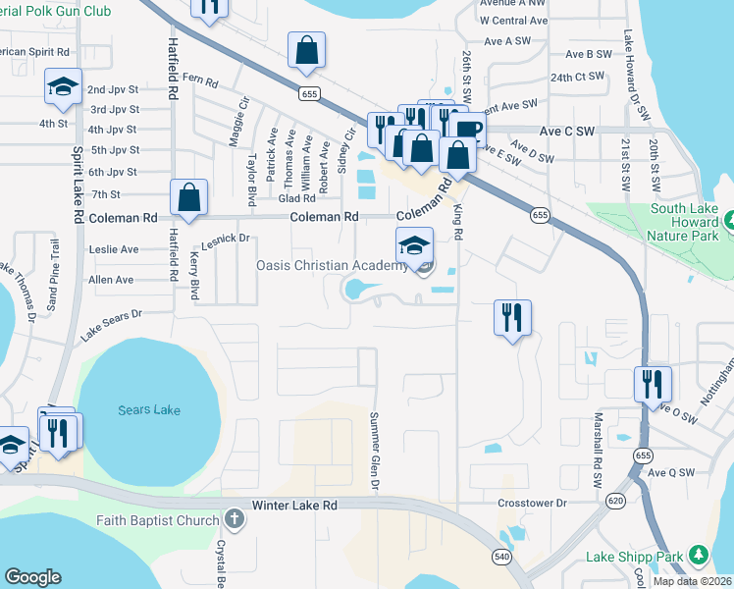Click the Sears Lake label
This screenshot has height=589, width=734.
[148, 409]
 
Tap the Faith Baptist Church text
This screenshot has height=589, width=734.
[157, 520]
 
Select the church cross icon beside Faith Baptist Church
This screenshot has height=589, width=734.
[234, 518]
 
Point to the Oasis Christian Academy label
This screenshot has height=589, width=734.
[331, 265]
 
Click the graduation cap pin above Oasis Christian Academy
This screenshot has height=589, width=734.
[414, 245]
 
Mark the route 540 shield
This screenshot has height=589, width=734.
[501, 557]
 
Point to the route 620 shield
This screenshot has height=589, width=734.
[615, 501]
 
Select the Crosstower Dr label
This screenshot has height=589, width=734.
[533, 503]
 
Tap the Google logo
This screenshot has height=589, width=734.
[32, 577]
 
